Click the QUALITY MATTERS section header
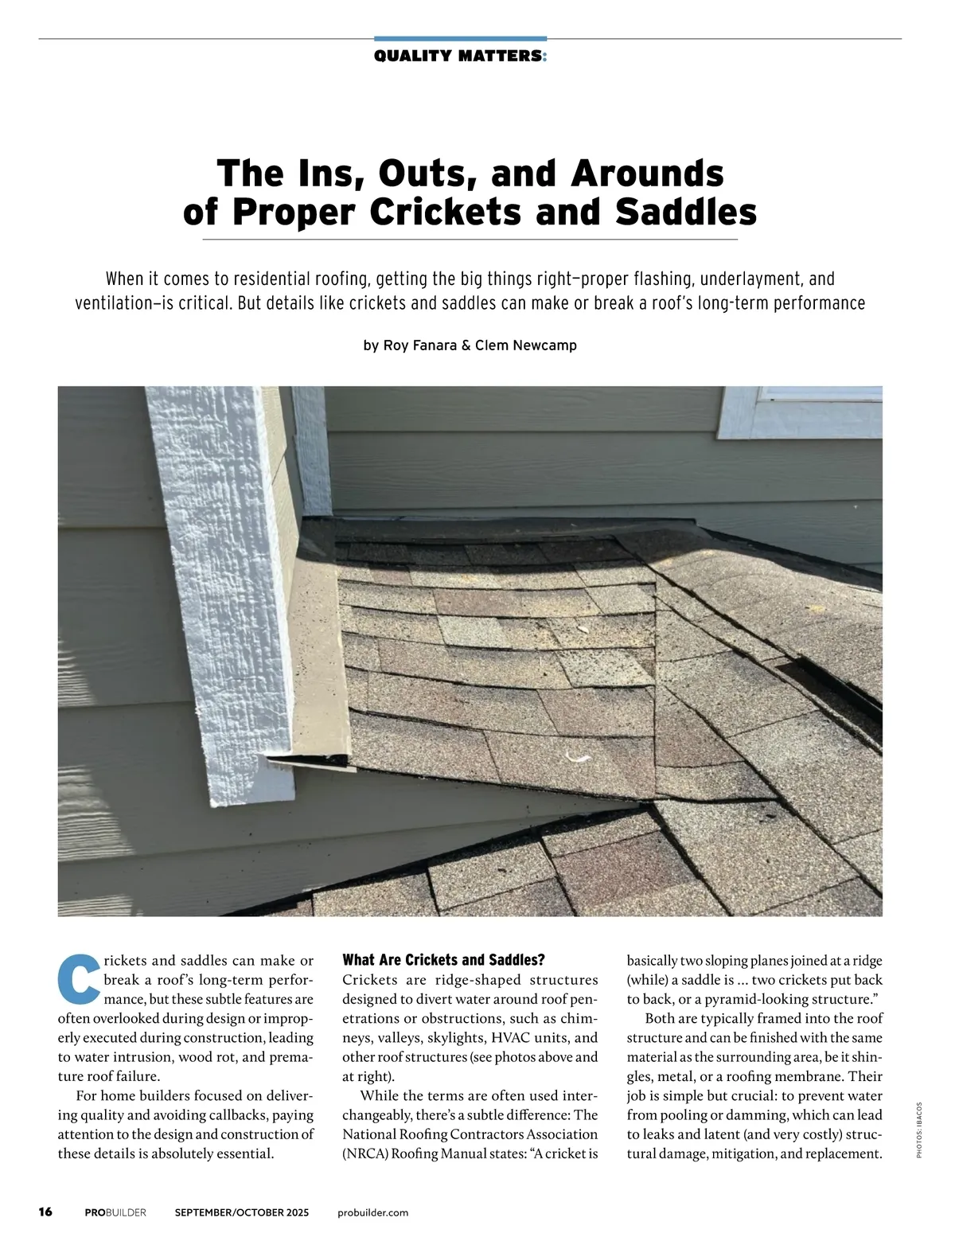coord(460,56)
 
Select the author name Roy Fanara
coord(420,345)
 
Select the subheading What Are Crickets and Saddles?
coord(443,959)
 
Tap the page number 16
coord(45,1212)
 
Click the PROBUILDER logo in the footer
coord(115,1212)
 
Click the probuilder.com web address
coord(372,1212)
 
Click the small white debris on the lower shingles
coord(575,755)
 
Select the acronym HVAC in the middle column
coord(515,1037)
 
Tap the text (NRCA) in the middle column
coord(364,1153)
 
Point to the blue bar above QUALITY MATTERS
coord(460,38)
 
